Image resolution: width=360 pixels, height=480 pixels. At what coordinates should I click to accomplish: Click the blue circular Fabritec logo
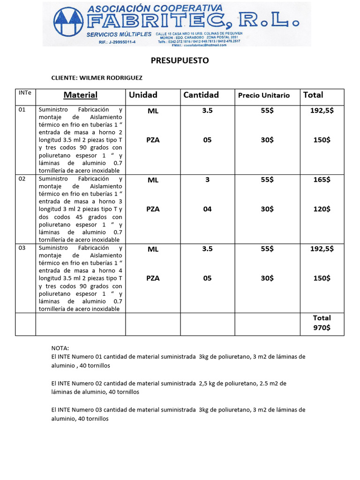point(69,23)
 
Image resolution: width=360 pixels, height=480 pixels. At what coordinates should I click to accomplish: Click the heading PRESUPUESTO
point(180,60)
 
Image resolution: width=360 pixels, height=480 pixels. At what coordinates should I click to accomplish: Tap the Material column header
point(81,95)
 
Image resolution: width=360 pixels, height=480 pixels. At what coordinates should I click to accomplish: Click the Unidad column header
point(143,95)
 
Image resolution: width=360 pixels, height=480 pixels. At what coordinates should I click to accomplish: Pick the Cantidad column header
point(201,95)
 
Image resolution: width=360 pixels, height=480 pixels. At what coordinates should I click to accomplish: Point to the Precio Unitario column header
point(264,95)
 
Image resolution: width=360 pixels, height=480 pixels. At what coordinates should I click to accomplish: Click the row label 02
point(22,179)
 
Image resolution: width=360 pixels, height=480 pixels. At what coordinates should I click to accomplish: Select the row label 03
point(22,248)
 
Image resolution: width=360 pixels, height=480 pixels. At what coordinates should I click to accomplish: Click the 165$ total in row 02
point(322,180)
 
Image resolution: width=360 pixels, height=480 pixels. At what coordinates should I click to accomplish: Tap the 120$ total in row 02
point(322,209)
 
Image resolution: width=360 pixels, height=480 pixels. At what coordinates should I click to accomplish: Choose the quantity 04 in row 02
point(207,209)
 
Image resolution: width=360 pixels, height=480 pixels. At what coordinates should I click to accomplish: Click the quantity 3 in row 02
point(207,180)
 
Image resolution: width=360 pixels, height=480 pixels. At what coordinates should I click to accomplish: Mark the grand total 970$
point(322,328)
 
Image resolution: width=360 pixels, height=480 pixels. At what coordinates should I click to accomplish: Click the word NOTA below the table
point(60,348)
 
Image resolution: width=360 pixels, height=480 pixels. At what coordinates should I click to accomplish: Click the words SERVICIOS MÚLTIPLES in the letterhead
point(119,35)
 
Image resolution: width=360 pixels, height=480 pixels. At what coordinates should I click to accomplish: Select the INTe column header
point(24,93)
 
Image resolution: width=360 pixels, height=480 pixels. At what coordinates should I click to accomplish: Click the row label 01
point(22,110)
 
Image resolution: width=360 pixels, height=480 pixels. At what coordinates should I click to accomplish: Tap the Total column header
point(313,95)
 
